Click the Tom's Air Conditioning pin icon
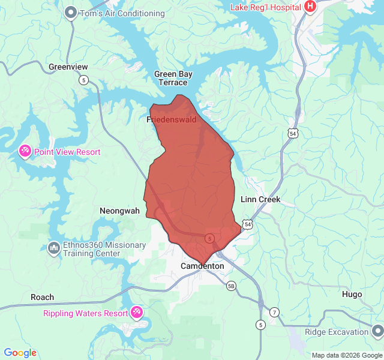tap(71, 13)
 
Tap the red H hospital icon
tap(310, 7)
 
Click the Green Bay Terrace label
tap(173, 78)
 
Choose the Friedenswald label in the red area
tap(172, 119)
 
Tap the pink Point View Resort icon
tap(25, 151)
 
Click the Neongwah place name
tap(119, 211)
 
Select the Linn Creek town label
tap(260, 199)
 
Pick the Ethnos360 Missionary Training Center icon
tap(53, 247)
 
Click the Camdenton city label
tap(202, 266)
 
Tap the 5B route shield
tap(232, 286)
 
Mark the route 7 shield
tap(274, 312)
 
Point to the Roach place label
tap(42, 297)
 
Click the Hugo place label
tap(352, 294)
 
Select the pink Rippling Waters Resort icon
tap(137, 313)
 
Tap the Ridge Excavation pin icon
tap(377, 331)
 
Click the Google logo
tap(20, 353)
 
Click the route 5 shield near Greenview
tap(83, 80)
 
